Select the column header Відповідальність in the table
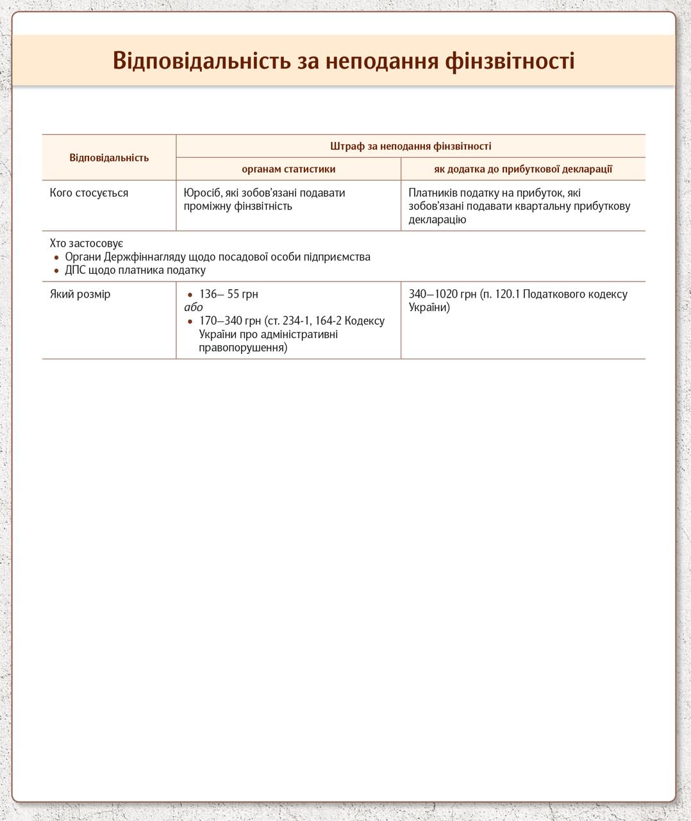coord(109,158)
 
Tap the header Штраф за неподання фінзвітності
coord(410,146)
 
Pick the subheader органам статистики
coord(288,169)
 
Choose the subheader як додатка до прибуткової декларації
coord(523,169)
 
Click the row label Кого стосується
coord(89,193)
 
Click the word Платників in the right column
coord(433,193)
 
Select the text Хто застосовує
coord(87,244)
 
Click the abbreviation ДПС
coord(76,270)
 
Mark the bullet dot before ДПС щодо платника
coord(56,271)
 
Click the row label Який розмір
coord(80,294)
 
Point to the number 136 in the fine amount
coord(208,294)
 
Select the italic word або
coord(193,307)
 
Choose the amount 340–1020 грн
coord(443,294)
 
